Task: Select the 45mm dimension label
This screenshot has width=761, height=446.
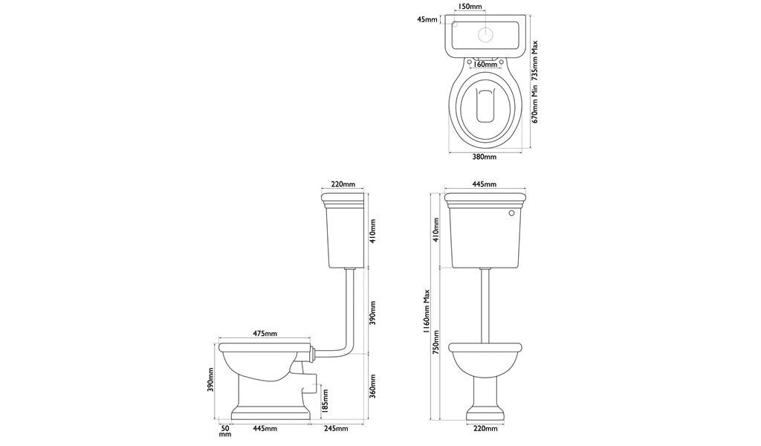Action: tap(427, 20)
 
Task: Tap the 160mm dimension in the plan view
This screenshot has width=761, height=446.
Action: tap(486, 64)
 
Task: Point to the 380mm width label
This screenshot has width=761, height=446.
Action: tap(485, 157)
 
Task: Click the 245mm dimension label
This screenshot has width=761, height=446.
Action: tap(336, 428)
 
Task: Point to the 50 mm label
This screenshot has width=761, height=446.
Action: tap(225, 430)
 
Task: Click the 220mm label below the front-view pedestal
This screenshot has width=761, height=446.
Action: tap(485, 429)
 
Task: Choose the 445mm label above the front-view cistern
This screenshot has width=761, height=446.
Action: tap(485, 184)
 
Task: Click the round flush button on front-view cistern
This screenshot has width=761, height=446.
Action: tap(511, 213)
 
